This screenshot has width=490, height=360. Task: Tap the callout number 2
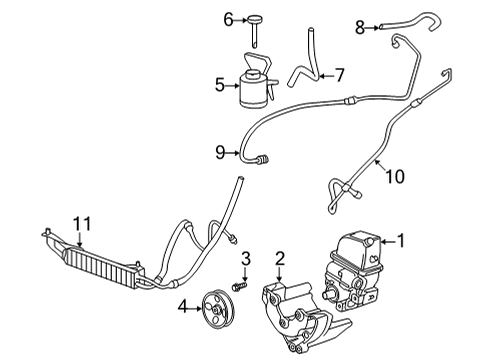(x=281, y=258)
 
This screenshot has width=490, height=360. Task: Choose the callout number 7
(x=339, y=75)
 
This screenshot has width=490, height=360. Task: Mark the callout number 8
(x=359, y=27)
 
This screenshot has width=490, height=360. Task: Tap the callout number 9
(x=220, y=153)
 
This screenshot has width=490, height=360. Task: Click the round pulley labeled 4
(x=214, y=305)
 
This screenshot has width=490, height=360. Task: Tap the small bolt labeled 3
(x=240, y=284)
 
